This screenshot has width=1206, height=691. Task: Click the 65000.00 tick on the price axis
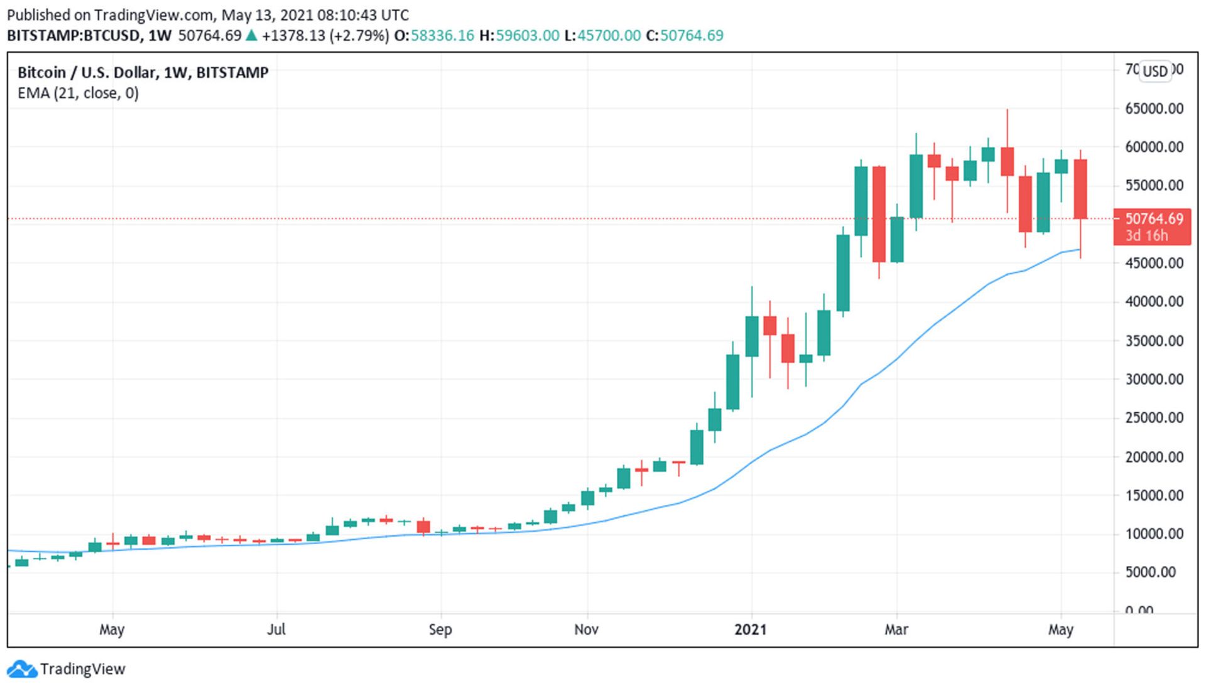(x=1154, y=109)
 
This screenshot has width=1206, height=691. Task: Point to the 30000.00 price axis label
(x=1154, y=379)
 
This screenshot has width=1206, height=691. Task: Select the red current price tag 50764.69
(x=1153, y=219)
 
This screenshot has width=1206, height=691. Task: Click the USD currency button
(x=1154, y=71)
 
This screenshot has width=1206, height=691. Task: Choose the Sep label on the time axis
(x=440, y=629)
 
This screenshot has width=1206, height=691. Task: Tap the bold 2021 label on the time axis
(x=751, y=629)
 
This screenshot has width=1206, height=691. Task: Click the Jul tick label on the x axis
(x=276, y=629)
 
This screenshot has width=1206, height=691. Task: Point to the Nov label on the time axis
(x=586, y=629)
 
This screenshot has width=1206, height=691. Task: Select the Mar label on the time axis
(x=896, y=629)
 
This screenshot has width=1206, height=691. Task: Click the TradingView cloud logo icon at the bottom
(x=22, y=670)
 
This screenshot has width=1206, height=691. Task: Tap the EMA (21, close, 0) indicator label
(x=78, y=94)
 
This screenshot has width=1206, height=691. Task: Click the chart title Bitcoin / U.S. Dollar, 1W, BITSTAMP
(x=143, y=73)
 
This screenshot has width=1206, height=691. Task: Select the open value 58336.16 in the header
(x=442, y=35)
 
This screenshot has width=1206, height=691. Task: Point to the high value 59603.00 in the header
(x=527, y=35)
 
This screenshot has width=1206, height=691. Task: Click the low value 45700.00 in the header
(x=609, y=35)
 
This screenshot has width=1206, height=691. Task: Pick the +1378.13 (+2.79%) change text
(x=325, y=35)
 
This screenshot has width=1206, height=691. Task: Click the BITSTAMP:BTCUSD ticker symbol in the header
(x=73, y=35)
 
